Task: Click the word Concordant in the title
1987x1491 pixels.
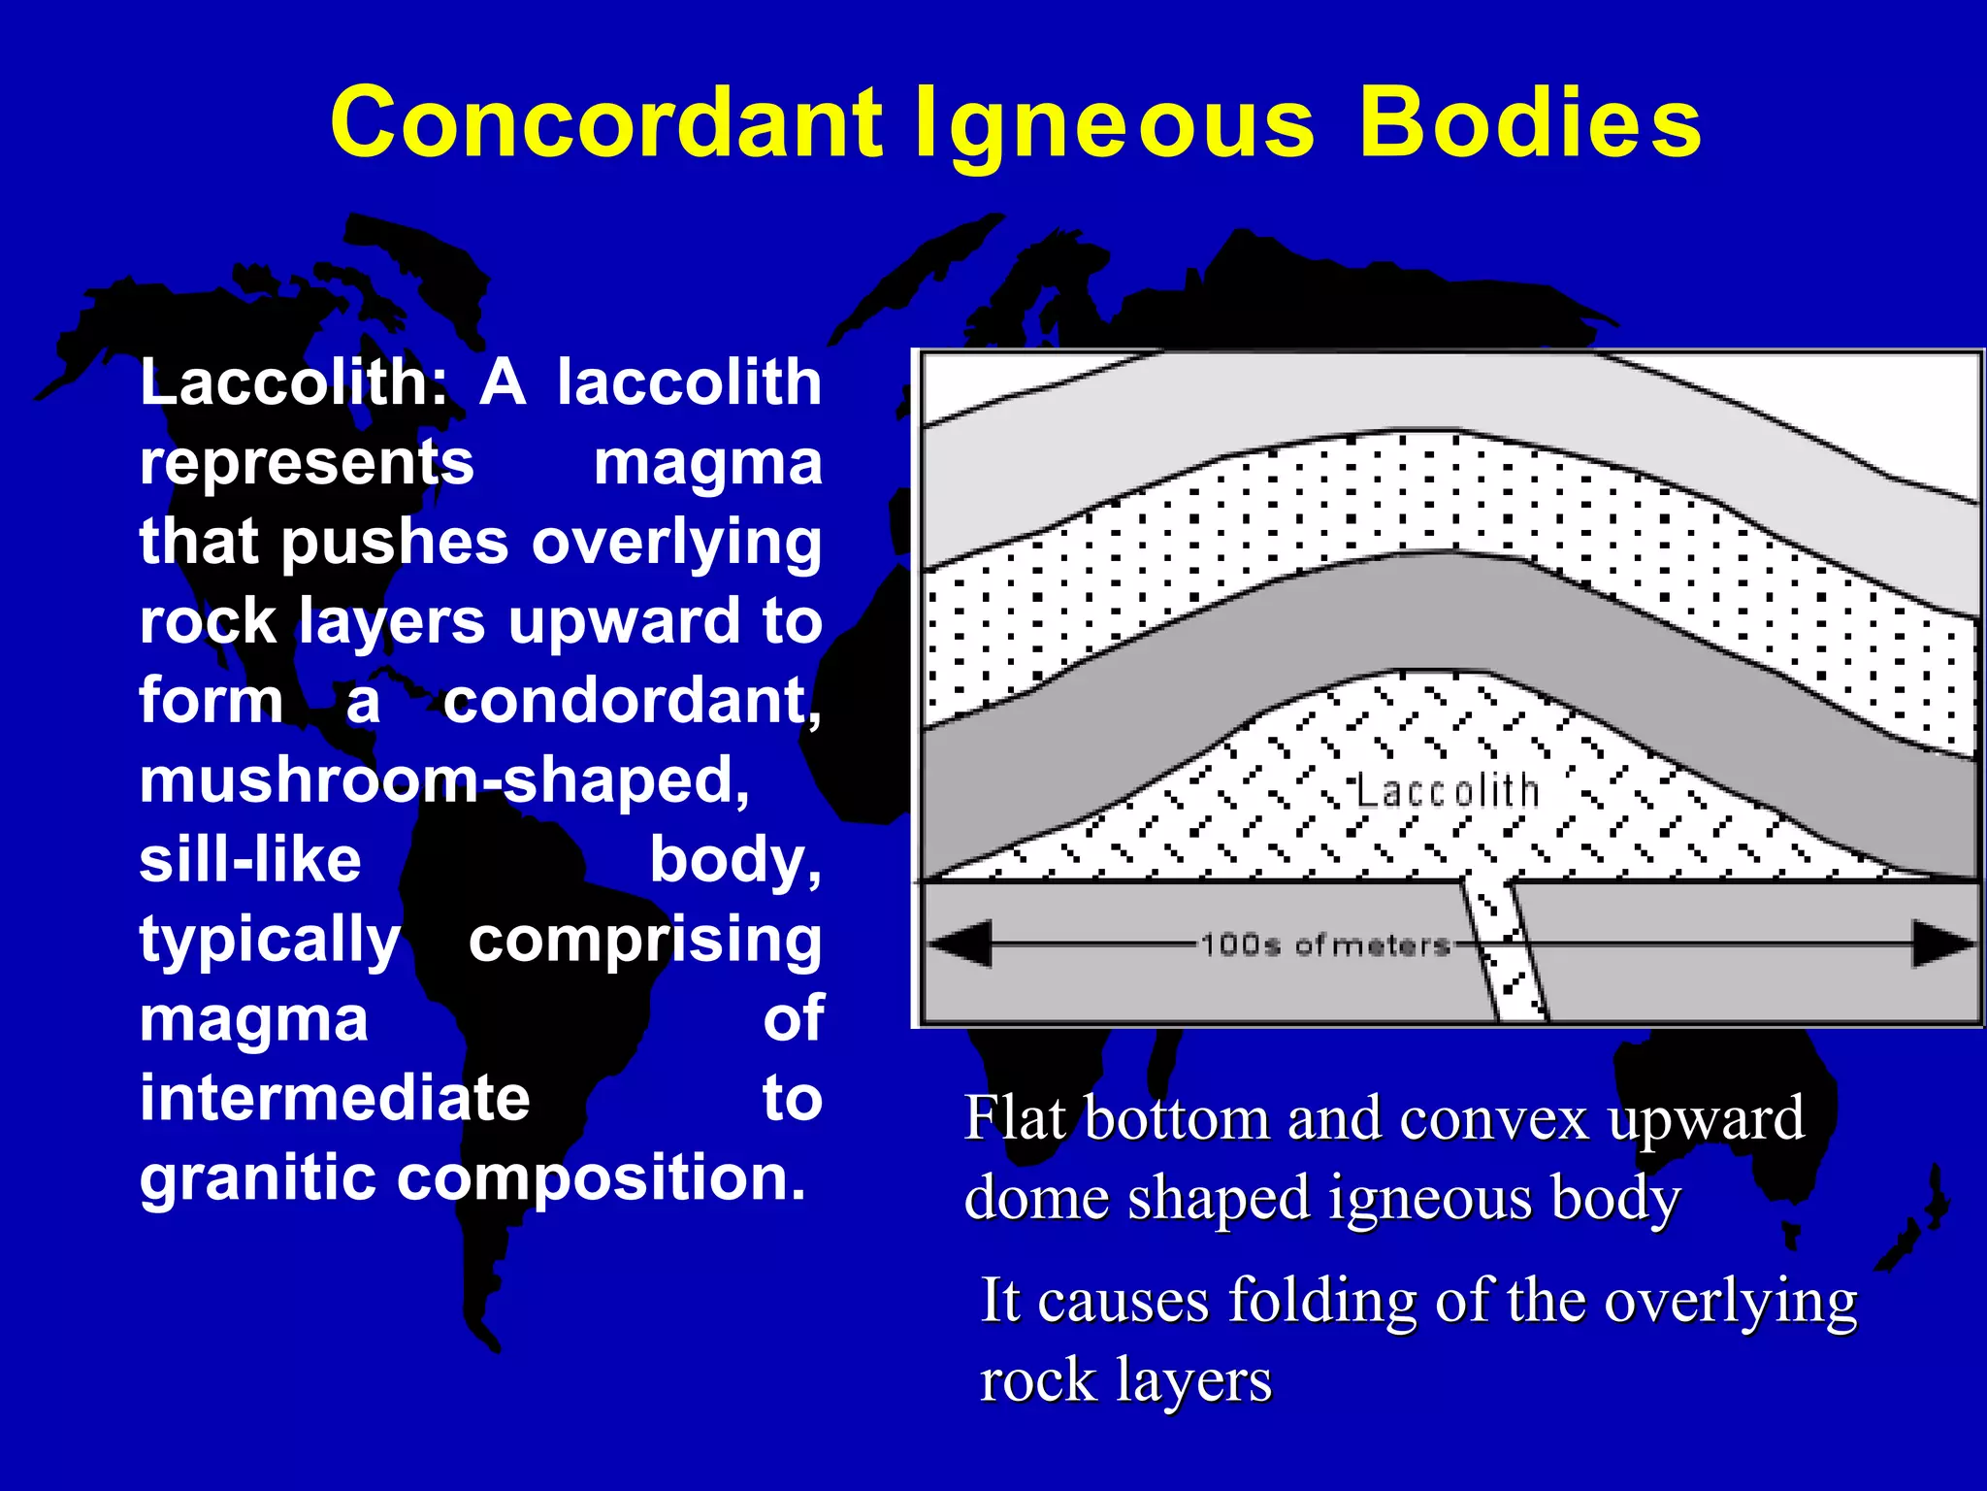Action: click(606, 123)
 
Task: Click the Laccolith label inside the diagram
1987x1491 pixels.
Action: click(1447, 791)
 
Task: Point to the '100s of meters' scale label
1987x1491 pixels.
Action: click(1325, 944)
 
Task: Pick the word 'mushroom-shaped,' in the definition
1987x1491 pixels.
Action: click(444, 780)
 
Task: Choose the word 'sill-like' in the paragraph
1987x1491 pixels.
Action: click(250, 860)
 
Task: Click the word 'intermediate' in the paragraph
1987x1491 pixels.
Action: click(335, 1099)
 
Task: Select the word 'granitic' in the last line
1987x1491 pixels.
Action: click(257, 1178)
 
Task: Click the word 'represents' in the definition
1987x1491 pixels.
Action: click(307, 464)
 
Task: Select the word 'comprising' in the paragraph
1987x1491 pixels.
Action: click(645, 940)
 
